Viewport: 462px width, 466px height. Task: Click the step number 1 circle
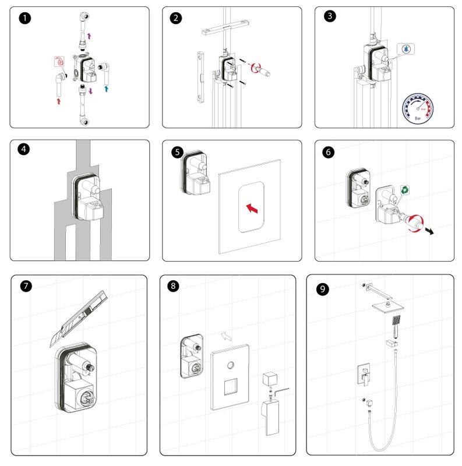pyautogui.click(x=24, y=18)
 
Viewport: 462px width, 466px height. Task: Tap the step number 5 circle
pyautogui.click(x=178, y=152)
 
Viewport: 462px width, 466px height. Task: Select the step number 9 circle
pyautogui.click(x=322, y=290)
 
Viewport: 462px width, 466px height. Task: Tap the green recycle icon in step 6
pyautogui.click(x=404, y=190)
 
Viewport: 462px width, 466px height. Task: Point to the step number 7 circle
pyautogui.click(x=26, y=286)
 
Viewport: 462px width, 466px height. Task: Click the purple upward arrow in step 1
pyautogui.click(x=89, y=36)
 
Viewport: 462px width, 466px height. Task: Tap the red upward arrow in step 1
pyautogui.click(x=58, y=101)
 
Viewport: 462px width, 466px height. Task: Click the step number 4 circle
pyautogui.click(x=24, y=149)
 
